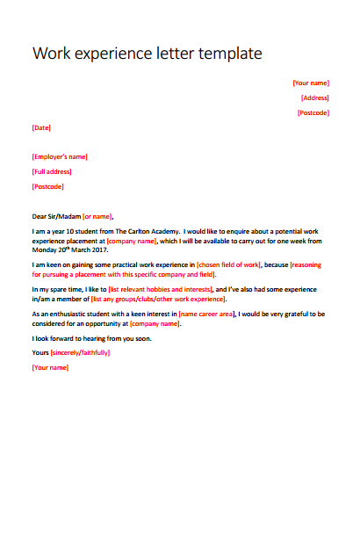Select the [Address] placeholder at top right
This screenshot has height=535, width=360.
click(314, 98)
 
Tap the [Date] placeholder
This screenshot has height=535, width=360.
click(41, 127)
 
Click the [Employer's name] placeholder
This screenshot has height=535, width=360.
click(60, 156)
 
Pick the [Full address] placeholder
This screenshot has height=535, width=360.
click(52, 171)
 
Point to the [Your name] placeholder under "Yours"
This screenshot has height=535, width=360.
click(50, 367)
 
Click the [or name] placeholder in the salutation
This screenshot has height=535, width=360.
click(97, 215)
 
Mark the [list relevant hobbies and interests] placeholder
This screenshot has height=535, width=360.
click(160, 288)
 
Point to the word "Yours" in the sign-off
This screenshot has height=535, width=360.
click(40, 352)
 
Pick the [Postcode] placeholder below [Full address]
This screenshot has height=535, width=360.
click(48, 186)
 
